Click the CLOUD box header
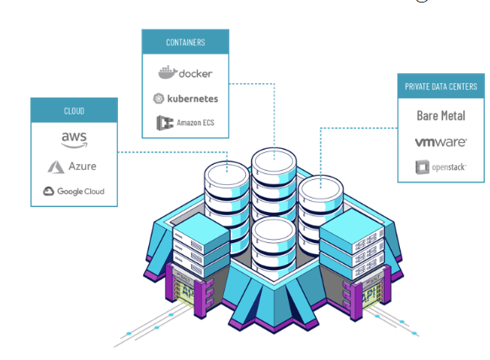point(74,110)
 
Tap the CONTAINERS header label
point(185,42)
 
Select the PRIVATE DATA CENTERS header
point(441,86)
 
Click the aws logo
point(74,140)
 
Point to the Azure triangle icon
point(56,167)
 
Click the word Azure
point(83,166)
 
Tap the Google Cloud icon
point(49,191)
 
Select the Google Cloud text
point(81,192)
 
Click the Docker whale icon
point(168,72)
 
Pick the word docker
point(195,74)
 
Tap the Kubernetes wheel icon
point(158,98)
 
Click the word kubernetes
point(193,98)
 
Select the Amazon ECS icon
point(165,123)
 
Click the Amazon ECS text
point(195,123)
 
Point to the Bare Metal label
point(441,115)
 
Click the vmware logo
point(441,142)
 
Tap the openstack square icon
point(422,167)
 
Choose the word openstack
point(449,167)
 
